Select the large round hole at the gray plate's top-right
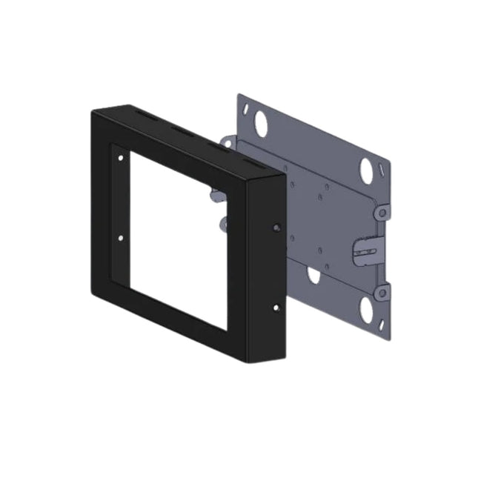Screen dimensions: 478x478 pyautogui.click(x=367, y=170)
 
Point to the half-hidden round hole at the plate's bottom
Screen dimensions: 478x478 pyautogui.click(x=314, y=276)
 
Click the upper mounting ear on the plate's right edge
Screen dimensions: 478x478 pyautogui.click(x=382, y=213)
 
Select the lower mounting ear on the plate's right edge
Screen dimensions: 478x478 pyautogui.click(x=382, y=293)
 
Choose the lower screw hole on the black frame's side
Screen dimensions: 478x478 pyautogui.click(x=276, y=306)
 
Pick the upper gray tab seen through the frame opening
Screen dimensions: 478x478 pyautogui.click(x=214, y=194)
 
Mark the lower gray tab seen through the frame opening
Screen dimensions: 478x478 pyautogui.click(x=222, y=223)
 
